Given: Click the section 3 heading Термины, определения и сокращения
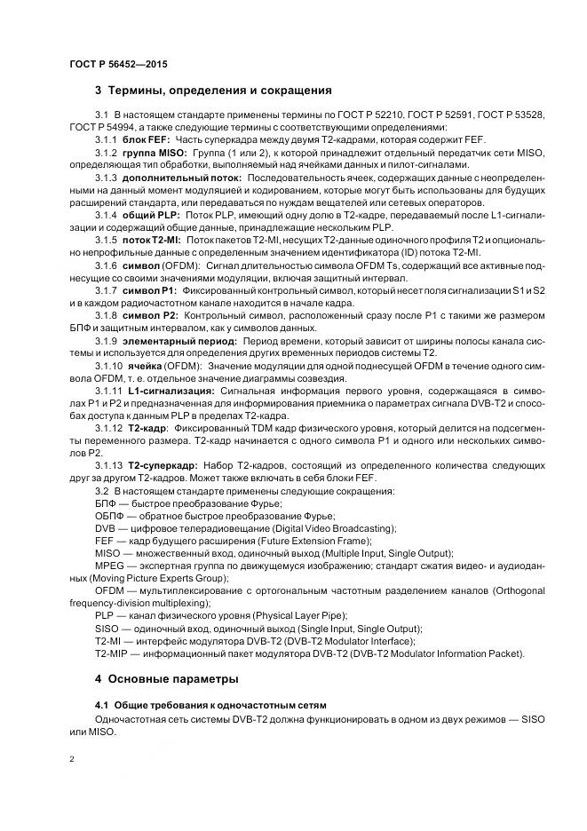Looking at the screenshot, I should point(213,91).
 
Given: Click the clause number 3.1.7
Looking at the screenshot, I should point(107,290).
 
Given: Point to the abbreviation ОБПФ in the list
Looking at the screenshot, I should point(110,516).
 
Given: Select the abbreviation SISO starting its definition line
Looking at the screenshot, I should point(108,628).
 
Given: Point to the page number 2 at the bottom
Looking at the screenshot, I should point(72,759).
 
